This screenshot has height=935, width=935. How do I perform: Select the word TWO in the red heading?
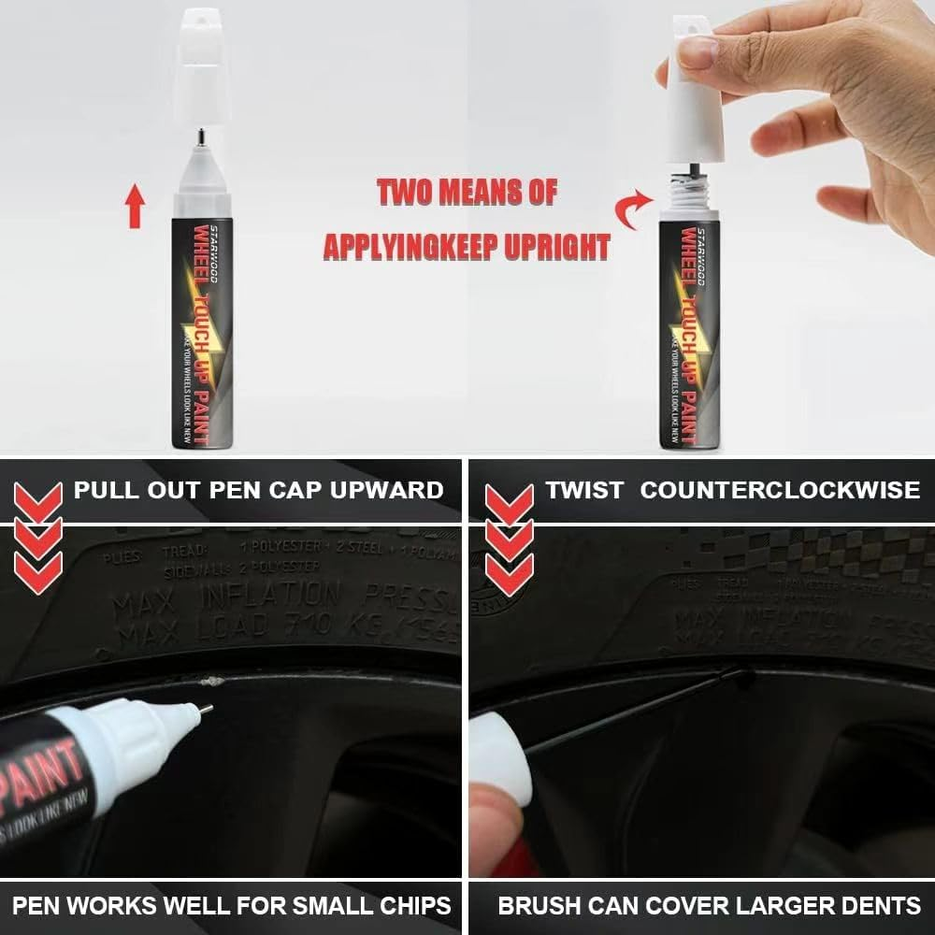(408, 192)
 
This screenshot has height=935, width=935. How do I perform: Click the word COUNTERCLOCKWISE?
(780, 489)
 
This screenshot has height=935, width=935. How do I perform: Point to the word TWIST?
(584, 489)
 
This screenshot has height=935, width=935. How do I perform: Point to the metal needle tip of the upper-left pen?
(201, 139)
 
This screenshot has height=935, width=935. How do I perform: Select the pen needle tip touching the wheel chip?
(205, 710)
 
